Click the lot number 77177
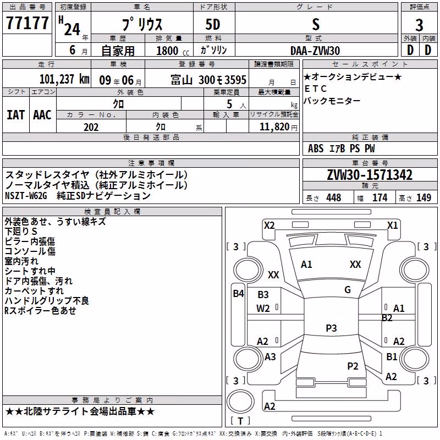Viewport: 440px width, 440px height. point(27,23)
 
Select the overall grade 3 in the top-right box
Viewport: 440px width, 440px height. point(419,25)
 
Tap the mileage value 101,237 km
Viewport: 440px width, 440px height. point(64,79)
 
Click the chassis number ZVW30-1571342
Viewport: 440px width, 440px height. point(370,175)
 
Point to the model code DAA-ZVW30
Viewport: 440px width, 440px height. point(315,51)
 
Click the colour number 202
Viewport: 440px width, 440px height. point(91,127)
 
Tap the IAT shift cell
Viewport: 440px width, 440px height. point(16,115)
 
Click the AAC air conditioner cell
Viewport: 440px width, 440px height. point(42,115)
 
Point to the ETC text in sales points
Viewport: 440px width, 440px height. point(315,89)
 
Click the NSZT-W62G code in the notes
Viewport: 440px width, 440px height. point(26,196)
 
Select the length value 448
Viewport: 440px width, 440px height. point(334,197)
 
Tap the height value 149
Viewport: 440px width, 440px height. point(424,197)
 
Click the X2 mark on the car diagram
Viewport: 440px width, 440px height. point(269,226)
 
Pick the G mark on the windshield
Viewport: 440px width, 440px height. point(348,290)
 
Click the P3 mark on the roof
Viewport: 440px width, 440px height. point(331,328)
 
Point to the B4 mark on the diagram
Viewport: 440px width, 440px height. point(239,294)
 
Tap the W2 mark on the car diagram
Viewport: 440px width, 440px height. point(263,309)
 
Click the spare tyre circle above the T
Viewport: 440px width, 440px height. point(240,401)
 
